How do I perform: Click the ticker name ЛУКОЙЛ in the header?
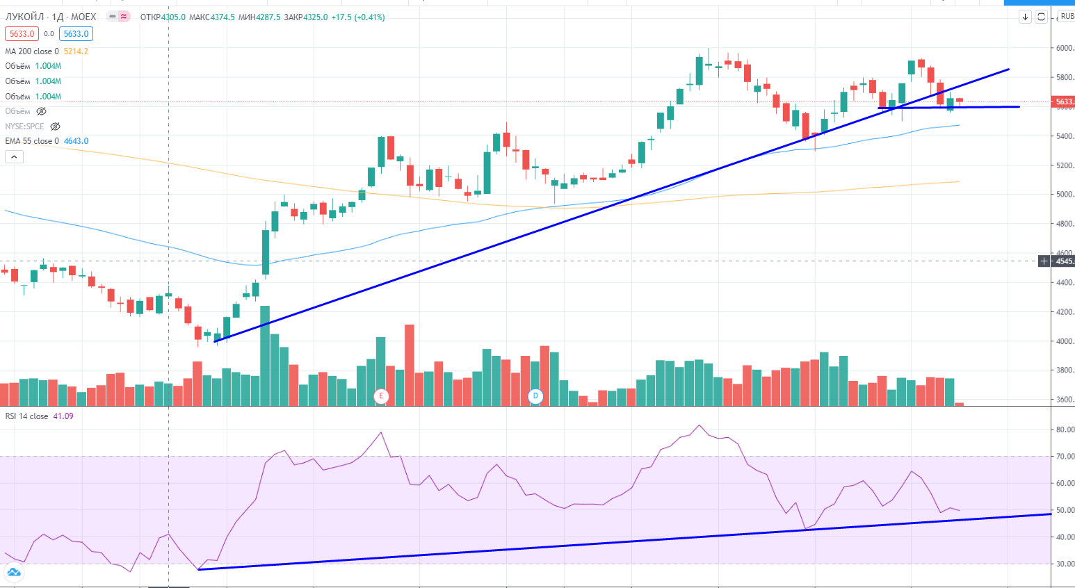click(24, 17)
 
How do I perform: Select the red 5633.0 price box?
click(22, 34)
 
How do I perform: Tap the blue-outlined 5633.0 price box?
click(76, 34)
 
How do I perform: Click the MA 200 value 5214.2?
click(76, 51)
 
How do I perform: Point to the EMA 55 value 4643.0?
click(76, 141)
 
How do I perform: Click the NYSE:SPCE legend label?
click(24, 126)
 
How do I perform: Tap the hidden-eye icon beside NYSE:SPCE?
click(55, 126)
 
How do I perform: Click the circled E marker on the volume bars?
click(380, 396)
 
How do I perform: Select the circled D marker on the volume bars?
click(535, 396)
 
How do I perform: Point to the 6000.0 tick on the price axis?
click(1065, 49)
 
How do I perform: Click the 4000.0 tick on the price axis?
click(1065, 341)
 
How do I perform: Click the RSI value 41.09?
click(63, 416)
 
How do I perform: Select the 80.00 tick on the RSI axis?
click(1065, 430)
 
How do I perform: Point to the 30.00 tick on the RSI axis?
click(1065, 564)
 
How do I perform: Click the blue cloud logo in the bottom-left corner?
click(13, 573)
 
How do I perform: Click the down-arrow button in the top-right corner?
click(1025, 17)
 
